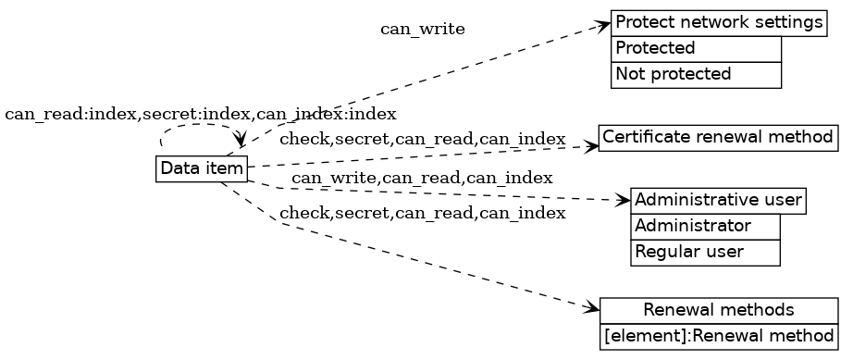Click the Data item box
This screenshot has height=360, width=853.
coord(202,168)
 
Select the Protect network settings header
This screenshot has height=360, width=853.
coord(718,22)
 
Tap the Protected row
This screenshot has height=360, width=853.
coord(696,48)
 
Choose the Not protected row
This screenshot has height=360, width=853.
coord(696,74)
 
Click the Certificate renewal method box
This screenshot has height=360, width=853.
coord(718,138)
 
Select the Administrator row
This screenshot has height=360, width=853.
coord(705,226)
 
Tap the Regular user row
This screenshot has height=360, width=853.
coord(705,252)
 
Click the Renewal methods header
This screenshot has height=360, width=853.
coord(719,309)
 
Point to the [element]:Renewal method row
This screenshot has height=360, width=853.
coord(719,335)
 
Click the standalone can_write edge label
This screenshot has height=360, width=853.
coord(423,30)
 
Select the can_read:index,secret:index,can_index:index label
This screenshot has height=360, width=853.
coord(201,115)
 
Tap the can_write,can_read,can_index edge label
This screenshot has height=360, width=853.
coord(422,178)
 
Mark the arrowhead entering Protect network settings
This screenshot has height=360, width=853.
coord(604,25)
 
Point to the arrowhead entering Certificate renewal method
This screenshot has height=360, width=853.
coord(592,145)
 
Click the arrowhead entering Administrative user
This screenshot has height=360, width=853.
coord(624,199)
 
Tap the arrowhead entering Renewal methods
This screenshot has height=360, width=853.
coord(593,307)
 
